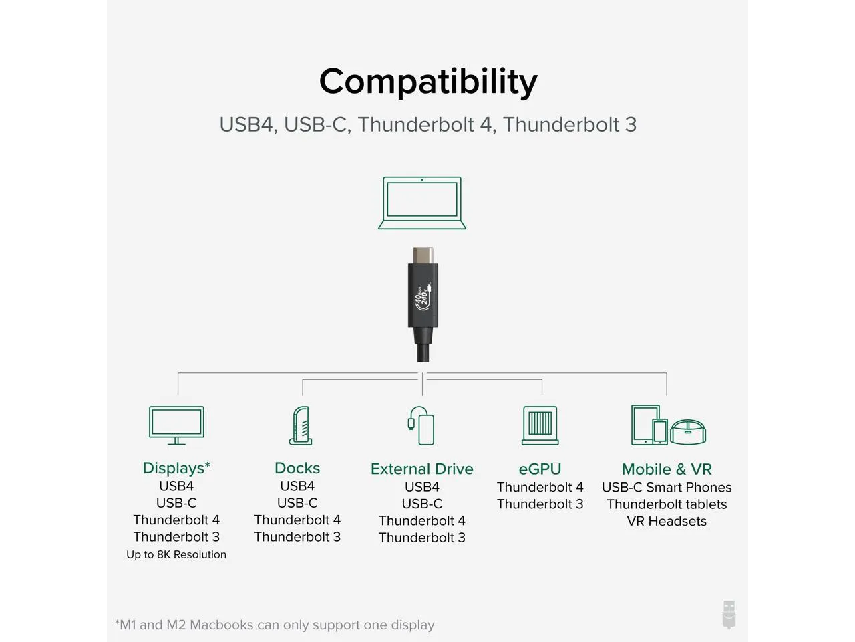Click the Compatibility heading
point(428,82)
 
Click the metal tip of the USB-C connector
point(423,255)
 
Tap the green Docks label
point(297,468)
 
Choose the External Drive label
point(422,469)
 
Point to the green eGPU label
point(540,469)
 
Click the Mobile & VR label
point(667,469)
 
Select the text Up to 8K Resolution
point(176,554)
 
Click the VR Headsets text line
point(667,521)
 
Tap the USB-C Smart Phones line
point(667,488)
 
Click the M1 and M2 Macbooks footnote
point(275,625)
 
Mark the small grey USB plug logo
point(729,615)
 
